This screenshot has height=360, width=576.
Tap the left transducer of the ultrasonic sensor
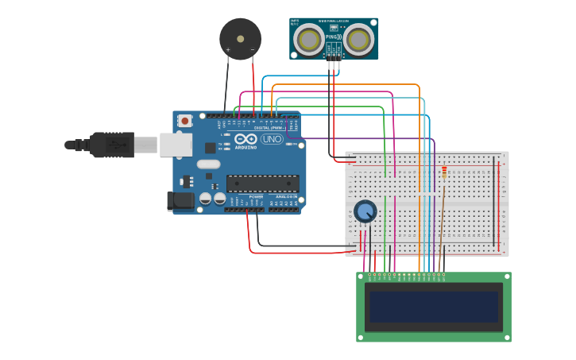pos(309,38)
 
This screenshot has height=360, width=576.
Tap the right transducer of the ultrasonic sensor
pos(359,38)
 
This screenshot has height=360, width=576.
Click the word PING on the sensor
pos(331,37)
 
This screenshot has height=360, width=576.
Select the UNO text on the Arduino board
pos(272,139)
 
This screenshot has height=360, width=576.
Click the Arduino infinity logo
pos(245,139)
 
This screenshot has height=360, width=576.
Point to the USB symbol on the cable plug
pos(118,145)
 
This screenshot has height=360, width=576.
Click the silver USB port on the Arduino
pos(176,144)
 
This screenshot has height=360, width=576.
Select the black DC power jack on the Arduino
pos(180,201)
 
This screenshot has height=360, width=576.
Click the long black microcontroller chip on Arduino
pos(262,184)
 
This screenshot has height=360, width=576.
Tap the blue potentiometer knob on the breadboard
pos(365,211)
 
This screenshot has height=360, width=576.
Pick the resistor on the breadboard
pos(443,172)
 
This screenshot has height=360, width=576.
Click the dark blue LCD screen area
pos(434,307)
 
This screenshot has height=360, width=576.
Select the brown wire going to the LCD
pos(443,238)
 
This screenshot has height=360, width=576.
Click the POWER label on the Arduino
pos(256,196)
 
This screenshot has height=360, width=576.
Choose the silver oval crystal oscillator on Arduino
pos(208,165)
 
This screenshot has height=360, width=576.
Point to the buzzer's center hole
pos(240,38)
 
